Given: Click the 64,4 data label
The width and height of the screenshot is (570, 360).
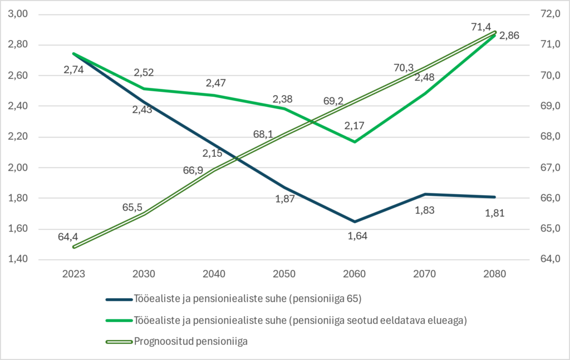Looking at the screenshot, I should [x=69, y=236].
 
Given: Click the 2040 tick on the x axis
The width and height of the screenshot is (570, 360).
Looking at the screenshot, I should [x=214, y=274].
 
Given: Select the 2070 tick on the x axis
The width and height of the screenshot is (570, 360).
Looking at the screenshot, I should [x=425, y=274].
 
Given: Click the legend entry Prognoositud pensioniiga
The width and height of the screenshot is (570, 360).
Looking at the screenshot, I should [x=190, y=341].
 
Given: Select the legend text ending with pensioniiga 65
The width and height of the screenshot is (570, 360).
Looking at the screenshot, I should [x=248, y=299].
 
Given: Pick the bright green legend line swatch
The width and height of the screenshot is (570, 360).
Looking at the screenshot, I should [x=118, y=320].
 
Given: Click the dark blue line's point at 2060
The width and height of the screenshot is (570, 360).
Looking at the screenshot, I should [x=355, y=221].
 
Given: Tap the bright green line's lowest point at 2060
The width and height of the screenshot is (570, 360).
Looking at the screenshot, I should [x=355, y=141].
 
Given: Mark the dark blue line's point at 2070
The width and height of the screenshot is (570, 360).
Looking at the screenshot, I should [x=425, y=194].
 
